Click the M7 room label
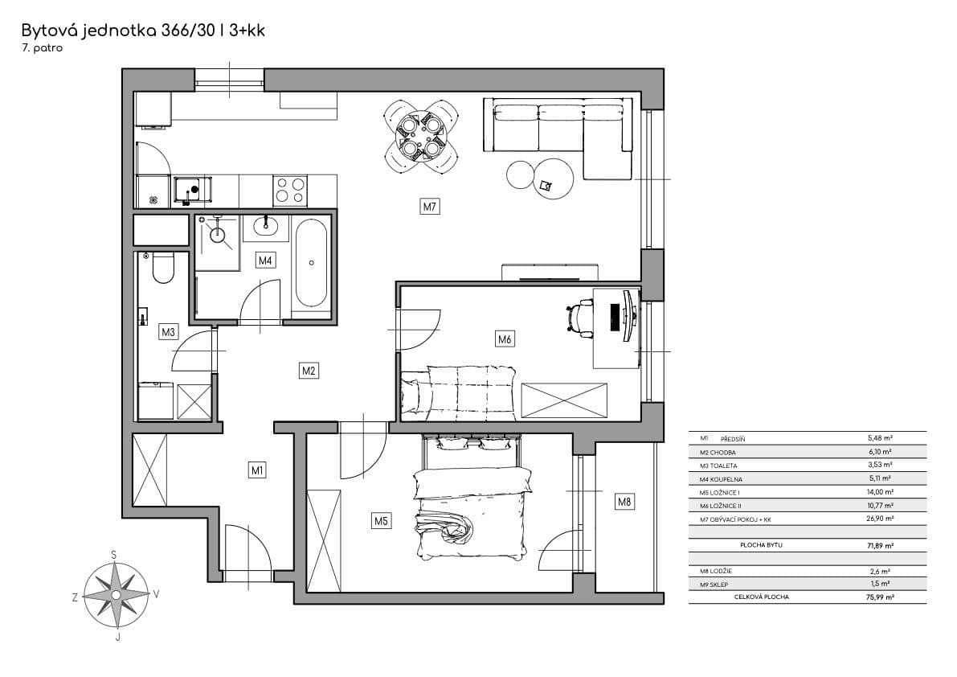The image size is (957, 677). pos(430,207)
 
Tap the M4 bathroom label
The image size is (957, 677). pos(265,260)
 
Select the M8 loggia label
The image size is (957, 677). pos(624,503)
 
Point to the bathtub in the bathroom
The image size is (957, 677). pos(310,262)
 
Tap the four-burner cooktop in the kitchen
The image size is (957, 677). pos(290,191)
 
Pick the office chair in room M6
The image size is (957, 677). pos(580,316)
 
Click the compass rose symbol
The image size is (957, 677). pos(117,595)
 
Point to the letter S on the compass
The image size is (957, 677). pos(114,555)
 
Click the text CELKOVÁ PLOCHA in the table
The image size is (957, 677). pos(761,597)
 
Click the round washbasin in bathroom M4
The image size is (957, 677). pos(265,224)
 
